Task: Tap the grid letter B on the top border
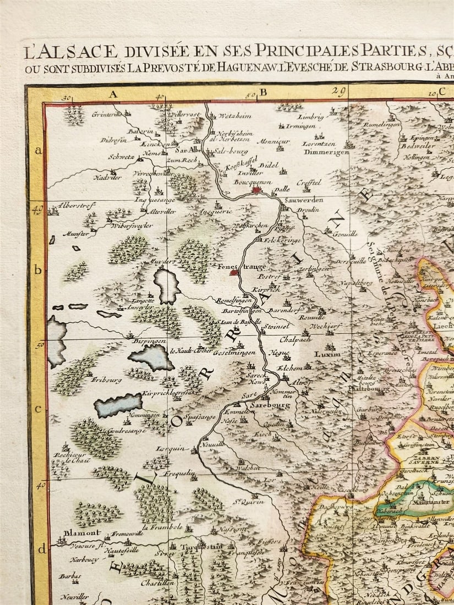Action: pyautogui.click(x=263, y=92)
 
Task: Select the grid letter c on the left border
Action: pyautogui.click(x=39, y=408)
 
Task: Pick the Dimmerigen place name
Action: pyautogui.click(x=326, y=152)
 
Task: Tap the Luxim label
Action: pyautogui.click(x=324, y=355)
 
